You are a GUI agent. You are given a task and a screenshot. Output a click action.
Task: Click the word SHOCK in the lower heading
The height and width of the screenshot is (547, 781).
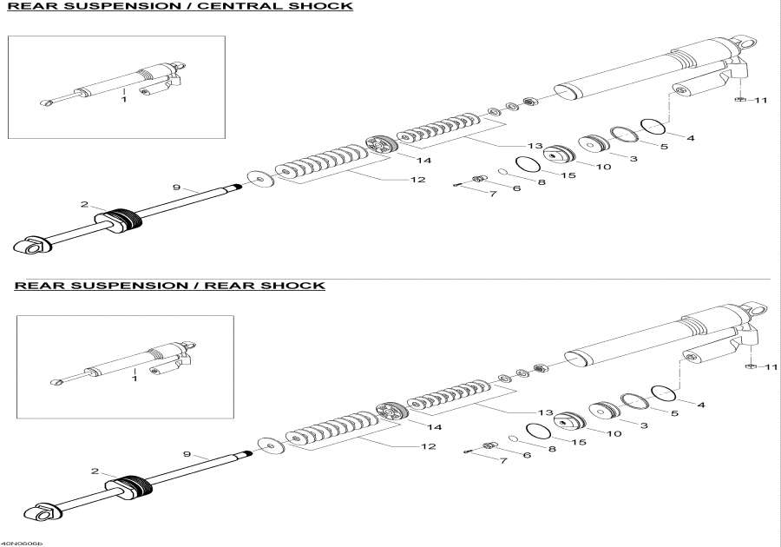[x=299, y=286]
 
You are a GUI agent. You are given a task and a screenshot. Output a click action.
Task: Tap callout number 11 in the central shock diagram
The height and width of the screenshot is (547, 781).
[x=761, y=101]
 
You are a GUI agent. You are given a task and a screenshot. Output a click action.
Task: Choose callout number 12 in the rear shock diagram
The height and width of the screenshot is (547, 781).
[x=427, y=446]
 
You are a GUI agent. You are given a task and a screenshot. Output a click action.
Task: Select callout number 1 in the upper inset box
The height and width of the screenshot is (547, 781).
[x=123, y=100]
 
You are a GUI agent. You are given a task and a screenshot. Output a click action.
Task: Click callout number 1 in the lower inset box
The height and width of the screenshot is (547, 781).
[x=135, y=379]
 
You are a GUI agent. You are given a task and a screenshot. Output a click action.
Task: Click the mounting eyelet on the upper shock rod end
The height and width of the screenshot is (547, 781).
[x=33, y=248]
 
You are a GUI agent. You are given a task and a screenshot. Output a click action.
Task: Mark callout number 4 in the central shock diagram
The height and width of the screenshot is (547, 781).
[x=690, y=137]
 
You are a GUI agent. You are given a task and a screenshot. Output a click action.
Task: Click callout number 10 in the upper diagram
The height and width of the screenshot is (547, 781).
[x=604, y=166]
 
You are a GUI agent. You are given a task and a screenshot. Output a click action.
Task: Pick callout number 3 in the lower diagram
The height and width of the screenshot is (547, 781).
[x=644, y=425]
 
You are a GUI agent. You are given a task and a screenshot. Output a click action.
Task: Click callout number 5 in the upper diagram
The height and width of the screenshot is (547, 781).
[x=664, y=147]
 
